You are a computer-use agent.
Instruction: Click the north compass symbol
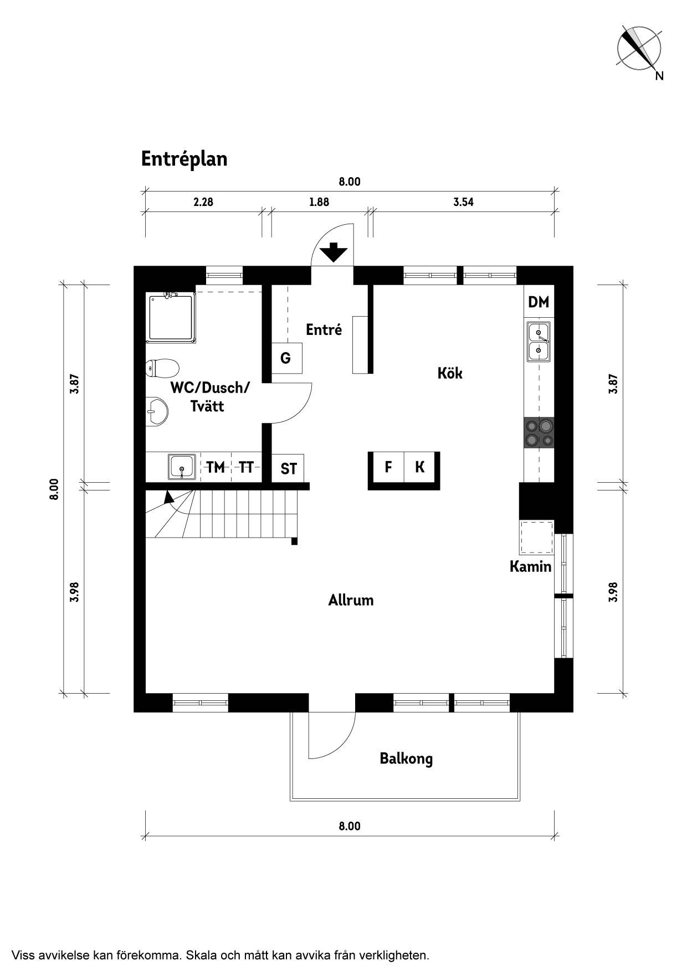coord(639,49)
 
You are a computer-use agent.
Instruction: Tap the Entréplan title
coord(184,159)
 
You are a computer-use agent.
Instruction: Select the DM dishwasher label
coord(539,302)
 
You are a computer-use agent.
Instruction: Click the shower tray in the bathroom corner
coord(172,318)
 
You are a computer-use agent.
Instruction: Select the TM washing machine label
coord(216,468)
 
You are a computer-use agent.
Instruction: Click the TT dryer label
coord(246,468)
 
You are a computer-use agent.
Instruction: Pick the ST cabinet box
coord(288,468)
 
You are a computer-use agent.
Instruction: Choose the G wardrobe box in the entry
coord(286,358)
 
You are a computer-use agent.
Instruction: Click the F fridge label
coord(388,467)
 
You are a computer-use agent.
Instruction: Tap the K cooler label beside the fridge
coord(420,467)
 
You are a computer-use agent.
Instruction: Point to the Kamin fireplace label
coord(531,566)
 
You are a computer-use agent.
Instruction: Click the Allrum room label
coord(351,600)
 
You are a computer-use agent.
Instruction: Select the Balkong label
coord(406,758)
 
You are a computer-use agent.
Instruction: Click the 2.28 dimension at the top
coord(203,202)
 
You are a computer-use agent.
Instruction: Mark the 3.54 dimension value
coord(463,202)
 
